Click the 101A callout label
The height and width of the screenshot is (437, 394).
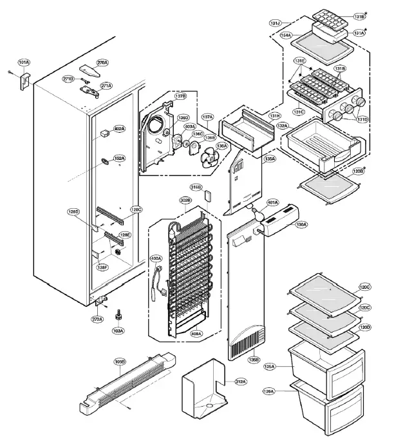coord(24,63)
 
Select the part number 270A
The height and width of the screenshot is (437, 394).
coord(102,63)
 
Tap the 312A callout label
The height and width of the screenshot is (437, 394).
coord(239,382)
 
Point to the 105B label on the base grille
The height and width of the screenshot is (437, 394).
coord(120,362)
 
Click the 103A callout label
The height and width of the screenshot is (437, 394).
coord(118,331)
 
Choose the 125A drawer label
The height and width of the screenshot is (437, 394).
coord(269,366)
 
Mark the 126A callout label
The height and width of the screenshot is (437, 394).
coord(269,391)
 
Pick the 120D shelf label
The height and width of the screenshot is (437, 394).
coord(365,327)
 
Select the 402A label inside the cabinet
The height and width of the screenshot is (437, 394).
coord(120,129)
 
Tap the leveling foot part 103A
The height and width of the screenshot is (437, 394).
coord(118,316)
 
